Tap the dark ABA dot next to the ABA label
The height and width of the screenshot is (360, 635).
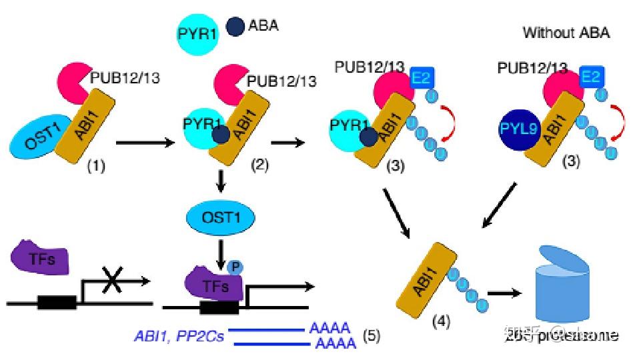235,27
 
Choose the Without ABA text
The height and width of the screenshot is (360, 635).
566,32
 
